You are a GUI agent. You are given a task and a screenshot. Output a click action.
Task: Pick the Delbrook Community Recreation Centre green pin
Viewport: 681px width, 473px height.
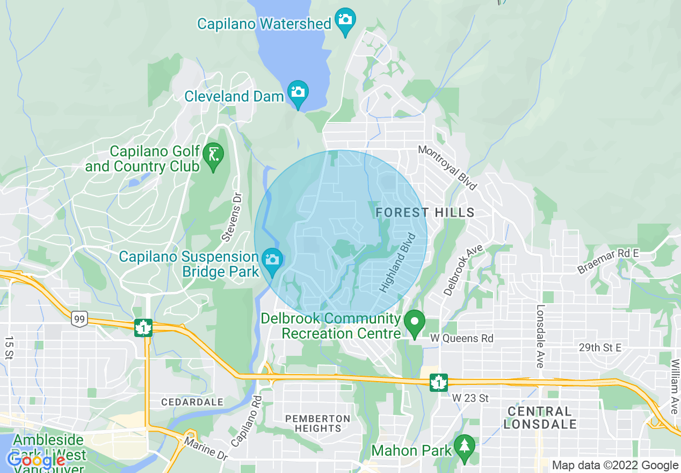tap(414, 323)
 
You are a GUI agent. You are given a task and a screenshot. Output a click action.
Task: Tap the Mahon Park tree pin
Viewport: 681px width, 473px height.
tap(463, 446)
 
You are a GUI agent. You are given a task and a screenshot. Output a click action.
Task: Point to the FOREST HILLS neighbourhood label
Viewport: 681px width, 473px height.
tap(425, 212)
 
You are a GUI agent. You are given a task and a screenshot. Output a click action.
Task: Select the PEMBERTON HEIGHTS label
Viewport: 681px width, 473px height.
tap(317, 423)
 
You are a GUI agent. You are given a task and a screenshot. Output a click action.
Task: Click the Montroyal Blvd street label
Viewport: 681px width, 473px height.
tap(447, 167)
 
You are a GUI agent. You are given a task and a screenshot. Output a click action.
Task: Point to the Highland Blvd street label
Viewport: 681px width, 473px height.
tap(398, 262)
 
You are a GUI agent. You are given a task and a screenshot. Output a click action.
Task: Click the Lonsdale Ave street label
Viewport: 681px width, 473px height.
tap(540, 336)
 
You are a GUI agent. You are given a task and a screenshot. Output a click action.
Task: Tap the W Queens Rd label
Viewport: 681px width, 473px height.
tap(462, 339)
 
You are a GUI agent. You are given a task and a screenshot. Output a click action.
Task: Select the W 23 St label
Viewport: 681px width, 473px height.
tap(470, 398)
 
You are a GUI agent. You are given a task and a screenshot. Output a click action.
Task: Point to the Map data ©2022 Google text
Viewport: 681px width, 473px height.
tap(615, 465)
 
